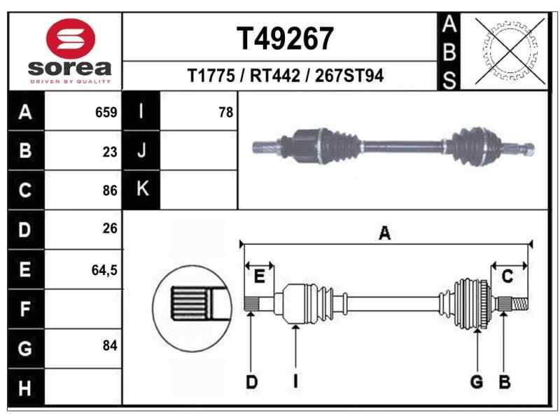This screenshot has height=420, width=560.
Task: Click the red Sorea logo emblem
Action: pyautogui.click(x=69, y=39)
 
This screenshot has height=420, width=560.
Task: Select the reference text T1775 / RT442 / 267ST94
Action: pyautogui.click(x=285, y=76)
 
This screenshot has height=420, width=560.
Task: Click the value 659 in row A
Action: pyautogui.click(x=106, y=112)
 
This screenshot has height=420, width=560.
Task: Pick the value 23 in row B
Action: pyautogui.click(x=109, y=151)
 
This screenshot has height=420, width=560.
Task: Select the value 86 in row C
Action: pyautogui.click(x=109, y=190)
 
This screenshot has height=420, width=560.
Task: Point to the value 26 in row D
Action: pyautogui.click(x=109, y=228)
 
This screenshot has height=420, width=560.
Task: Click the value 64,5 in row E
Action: pyautogui.click(x=104, y=268)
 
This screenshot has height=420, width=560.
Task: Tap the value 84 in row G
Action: pyautogui.click(x=109, y=346)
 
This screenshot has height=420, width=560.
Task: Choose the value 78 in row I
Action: pyautogui.click(x=225, y=112)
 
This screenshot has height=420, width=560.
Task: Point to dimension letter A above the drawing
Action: pyautogui.click(x=384, y=234)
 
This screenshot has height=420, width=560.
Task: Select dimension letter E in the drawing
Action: pyautogui.click(x=259, y=277)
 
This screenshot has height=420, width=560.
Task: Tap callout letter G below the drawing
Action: pyautogui.click(x=477, y=382)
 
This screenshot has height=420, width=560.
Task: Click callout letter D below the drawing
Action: pyautogui.click(x=251, y=382)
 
